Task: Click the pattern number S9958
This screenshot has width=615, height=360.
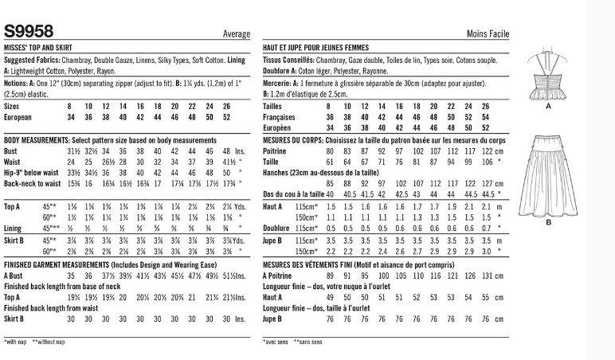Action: click(x=29, y=32)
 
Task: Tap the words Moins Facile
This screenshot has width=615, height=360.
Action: click(x=487, y=34)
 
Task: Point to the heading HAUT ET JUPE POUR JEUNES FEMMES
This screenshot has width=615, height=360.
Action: click(x=323, y=48)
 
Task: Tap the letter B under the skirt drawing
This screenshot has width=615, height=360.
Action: click(x=548, y=223)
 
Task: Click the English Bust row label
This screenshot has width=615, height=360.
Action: click(x=12, y=150)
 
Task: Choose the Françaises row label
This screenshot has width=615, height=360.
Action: click(x=280, y=115)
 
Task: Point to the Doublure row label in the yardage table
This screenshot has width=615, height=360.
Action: click(x=277, y=228)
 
